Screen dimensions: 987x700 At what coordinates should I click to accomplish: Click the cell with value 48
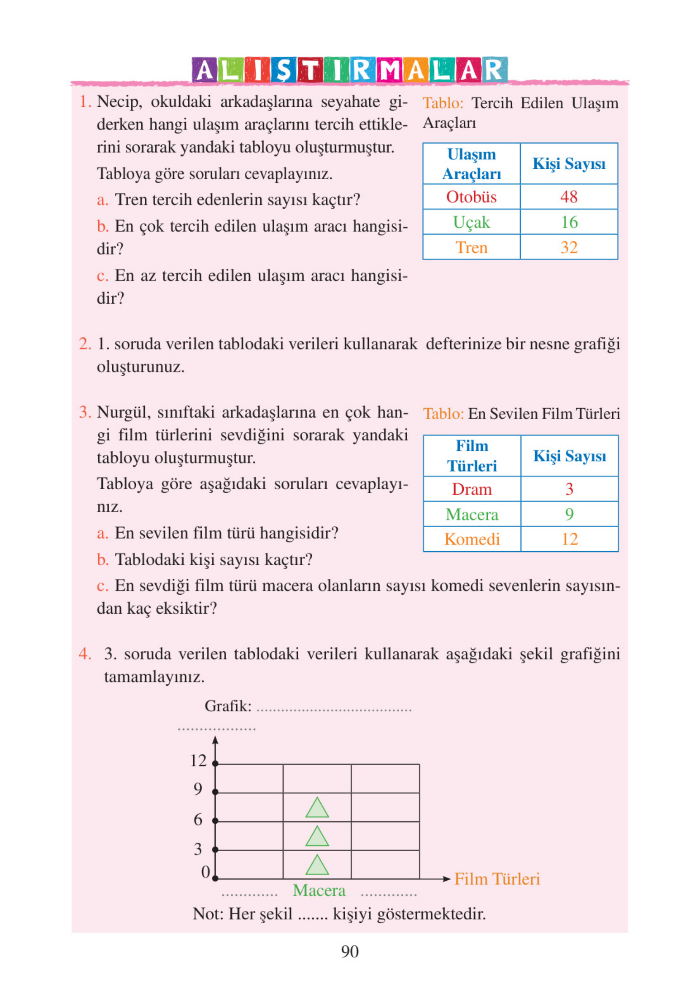coord(568,197)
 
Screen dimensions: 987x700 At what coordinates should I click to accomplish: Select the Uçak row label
coord(471,222)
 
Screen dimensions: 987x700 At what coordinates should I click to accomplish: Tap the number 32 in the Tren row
coord(568,247)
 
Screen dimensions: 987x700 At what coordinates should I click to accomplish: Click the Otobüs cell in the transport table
coord(471,197)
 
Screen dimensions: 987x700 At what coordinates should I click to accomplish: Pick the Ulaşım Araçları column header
coord(471,164)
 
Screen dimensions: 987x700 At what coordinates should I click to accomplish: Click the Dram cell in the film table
coord(472,489)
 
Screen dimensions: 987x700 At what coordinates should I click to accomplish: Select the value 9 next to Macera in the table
coord(569,514)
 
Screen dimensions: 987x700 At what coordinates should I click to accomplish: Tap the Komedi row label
coord(472,539)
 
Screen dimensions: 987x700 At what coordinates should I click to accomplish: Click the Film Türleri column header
coord(472,456)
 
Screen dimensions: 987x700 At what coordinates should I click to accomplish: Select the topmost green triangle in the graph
coord(317,808)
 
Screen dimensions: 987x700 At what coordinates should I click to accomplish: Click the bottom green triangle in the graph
coord(317,866)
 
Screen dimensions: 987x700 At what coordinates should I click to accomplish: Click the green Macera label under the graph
coord(319,890)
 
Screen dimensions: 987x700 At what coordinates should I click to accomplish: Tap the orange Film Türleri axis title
coord(497,879)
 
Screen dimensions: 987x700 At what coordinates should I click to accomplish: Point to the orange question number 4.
coord(84,654)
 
